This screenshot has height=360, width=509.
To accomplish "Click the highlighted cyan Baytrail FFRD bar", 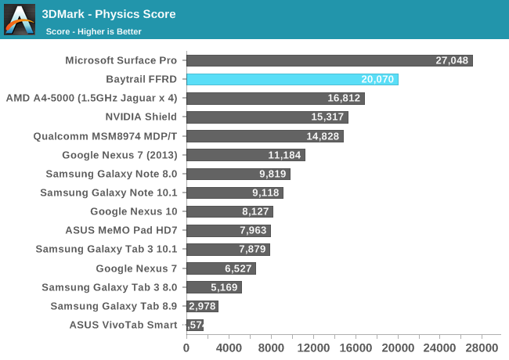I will pos(292,79).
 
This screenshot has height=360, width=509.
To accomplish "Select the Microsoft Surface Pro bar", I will pos(329,60).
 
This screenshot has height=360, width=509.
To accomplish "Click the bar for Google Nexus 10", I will pos(229,211).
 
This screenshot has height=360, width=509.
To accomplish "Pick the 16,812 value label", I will pos(345,99).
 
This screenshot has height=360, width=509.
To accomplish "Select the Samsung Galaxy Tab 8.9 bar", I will pos(202,306).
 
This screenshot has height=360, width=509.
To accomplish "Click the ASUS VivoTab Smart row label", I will pos(123,325).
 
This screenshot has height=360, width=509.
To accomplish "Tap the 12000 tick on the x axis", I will pos(313,347).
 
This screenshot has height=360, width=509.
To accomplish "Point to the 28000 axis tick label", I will pos(482,347).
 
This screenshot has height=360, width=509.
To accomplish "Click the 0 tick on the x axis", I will pos(186,347).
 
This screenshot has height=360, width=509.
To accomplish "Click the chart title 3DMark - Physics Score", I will pos(108,14).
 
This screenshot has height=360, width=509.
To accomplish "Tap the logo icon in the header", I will pos(19,20).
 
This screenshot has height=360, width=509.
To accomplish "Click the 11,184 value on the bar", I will pos(284,155).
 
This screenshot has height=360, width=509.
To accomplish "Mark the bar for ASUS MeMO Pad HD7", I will pos(229,230).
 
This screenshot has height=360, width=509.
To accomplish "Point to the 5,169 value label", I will pos(223,287).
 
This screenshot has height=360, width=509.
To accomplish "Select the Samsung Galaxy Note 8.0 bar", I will pos(238,174).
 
